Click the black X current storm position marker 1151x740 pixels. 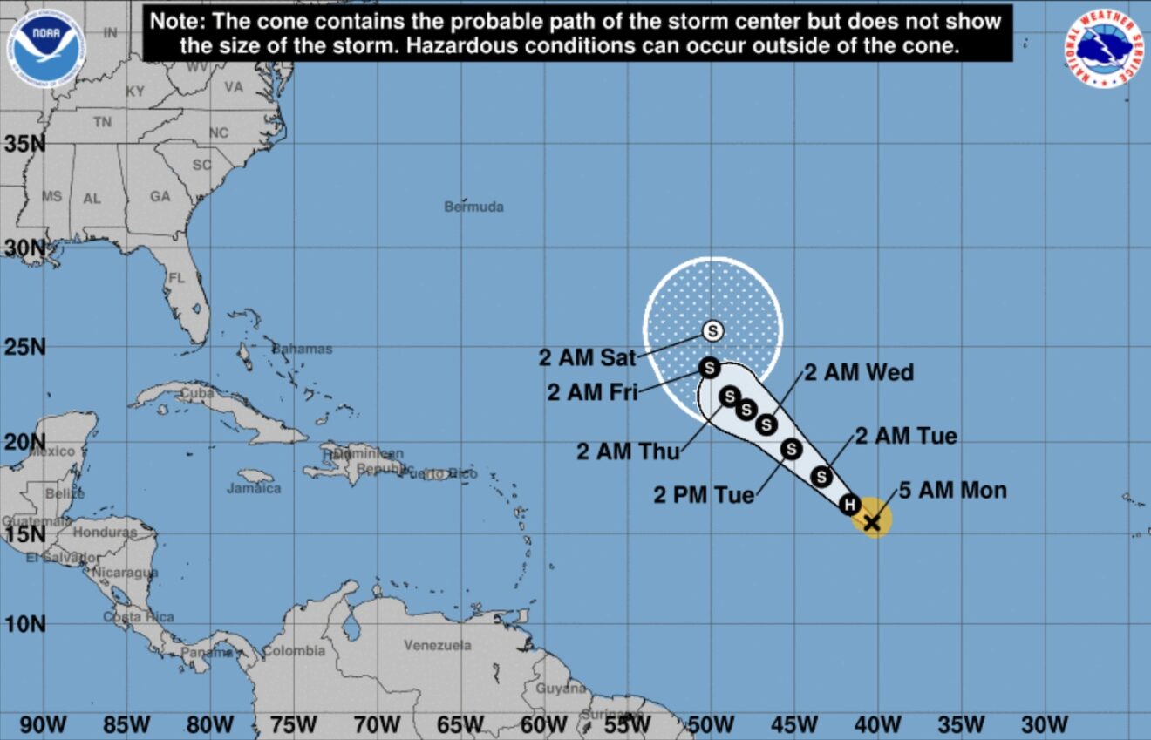point(871,521)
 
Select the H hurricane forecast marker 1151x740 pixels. point(849,504)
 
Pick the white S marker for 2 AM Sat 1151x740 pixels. point(713,330)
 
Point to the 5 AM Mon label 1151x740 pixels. point(952,490)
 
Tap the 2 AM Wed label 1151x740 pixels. point(858,373)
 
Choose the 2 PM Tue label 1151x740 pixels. point(704,495)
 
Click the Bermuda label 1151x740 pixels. point(473,207)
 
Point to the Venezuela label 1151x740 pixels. point(437,646)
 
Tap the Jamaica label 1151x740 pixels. point(254,488)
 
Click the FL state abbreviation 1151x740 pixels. point(177,279)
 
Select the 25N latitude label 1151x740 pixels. point(24,348)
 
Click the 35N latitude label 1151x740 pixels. point(24,143)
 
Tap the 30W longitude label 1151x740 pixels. point(1044,724)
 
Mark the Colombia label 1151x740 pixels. point(294,651)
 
